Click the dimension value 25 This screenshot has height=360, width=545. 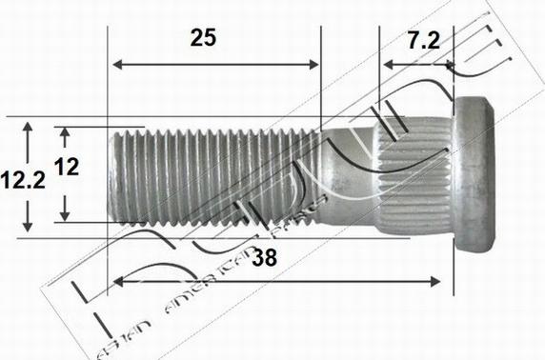203,39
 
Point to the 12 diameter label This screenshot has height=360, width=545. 66,168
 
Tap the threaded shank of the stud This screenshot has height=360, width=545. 219,177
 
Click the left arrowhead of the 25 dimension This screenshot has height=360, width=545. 118,66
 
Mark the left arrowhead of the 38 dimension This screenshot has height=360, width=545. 118,281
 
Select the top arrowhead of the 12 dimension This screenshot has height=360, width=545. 65,131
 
